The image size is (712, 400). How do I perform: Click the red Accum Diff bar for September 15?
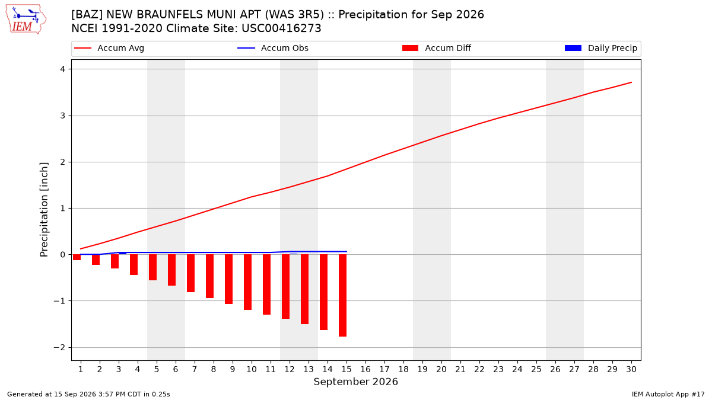343,295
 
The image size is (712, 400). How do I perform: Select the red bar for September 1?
77,257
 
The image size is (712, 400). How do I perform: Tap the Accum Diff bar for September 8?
210,276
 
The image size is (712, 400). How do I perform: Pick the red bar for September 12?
286,286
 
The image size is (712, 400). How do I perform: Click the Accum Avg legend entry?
109,48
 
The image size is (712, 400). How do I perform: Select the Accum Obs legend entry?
273,48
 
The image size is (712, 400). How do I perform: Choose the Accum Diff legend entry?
437,48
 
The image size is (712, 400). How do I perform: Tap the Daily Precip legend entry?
601,48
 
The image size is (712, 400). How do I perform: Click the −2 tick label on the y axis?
59,347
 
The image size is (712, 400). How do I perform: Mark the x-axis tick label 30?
631,369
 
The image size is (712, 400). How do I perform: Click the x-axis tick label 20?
441,369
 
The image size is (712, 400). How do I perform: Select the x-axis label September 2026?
355,382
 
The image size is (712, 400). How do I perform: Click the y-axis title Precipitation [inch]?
44,210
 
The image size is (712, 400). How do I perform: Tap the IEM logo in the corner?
26,20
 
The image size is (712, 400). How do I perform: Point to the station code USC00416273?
281,28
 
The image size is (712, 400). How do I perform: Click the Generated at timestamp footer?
88,394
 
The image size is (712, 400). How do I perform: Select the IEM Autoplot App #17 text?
668,394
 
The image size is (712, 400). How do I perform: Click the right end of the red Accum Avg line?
631,82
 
